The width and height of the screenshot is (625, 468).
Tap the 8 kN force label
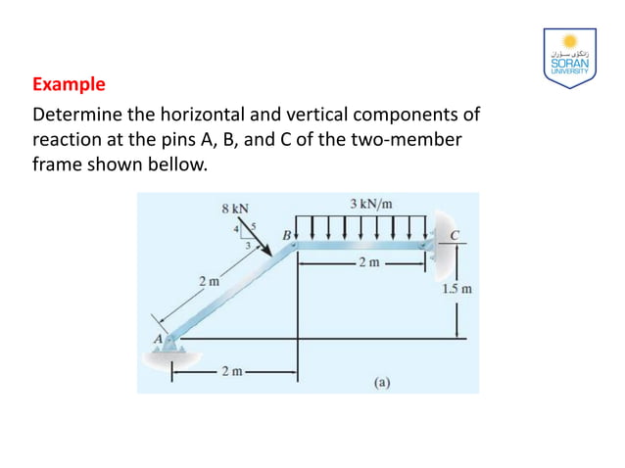click(236, 208)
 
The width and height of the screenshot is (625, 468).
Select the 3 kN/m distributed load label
click(371, 204)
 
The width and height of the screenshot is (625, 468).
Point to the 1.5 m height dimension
click(457, 290)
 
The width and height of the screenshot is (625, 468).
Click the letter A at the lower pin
click(155, 338)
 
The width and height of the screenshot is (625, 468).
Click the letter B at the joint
click(287, 236)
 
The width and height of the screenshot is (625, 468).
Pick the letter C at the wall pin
click(455, 235)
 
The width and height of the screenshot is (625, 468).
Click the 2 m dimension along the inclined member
click(210, 282)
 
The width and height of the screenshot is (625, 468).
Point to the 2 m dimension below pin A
click(231, 371)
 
